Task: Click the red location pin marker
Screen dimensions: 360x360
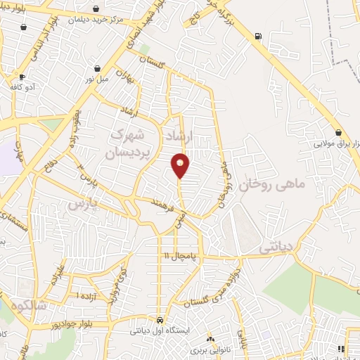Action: (x=181, y=165)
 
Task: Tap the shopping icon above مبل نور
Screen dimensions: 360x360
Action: (x=97, y=69)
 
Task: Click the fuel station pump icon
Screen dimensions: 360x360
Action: (x=259, y=36)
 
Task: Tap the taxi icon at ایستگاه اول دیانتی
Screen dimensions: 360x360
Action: (x=161, y=319)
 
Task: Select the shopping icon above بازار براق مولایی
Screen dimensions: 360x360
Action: (x=338, y=132)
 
